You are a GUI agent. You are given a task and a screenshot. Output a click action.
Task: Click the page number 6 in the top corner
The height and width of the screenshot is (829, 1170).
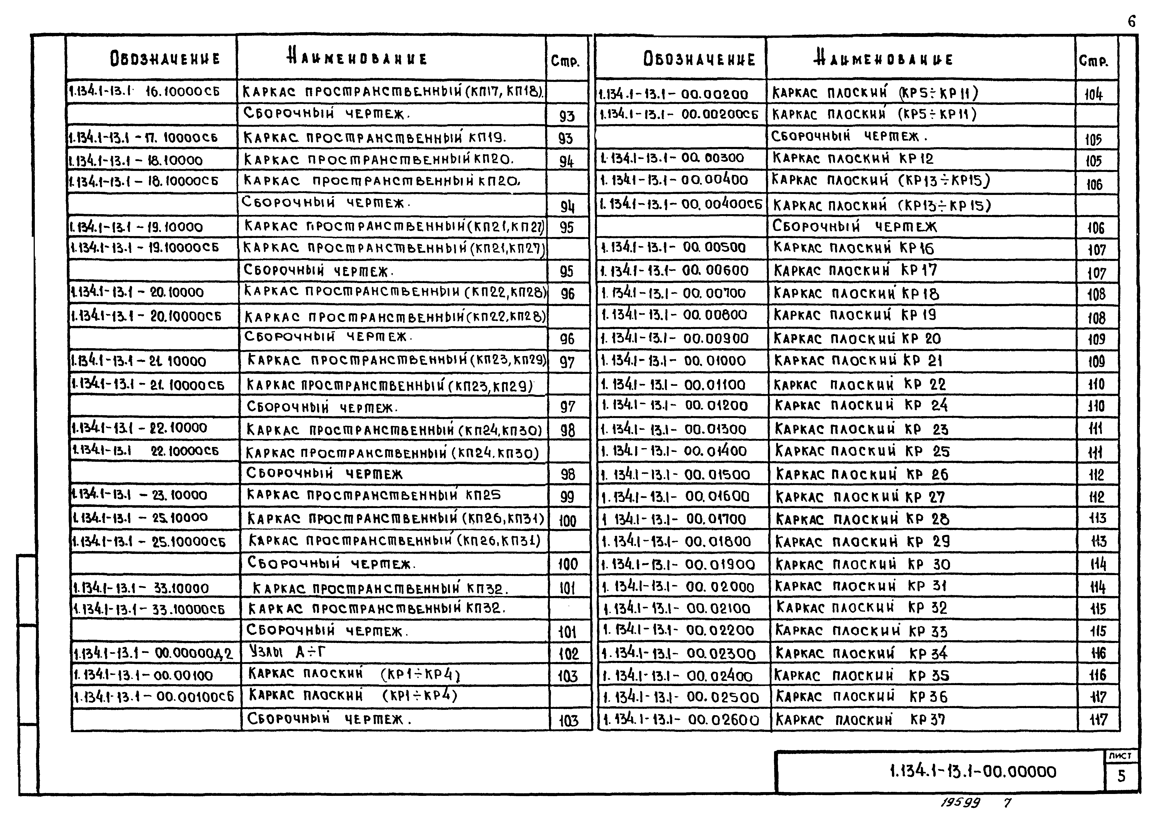tap(1132, 22)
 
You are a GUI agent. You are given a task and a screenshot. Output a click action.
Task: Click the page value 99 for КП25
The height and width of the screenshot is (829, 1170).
tap(567, 496)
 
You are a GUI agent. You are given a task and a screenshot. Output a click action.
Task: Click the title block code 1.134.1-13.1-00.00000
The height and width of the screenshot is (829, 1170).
tap(972, 771)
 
